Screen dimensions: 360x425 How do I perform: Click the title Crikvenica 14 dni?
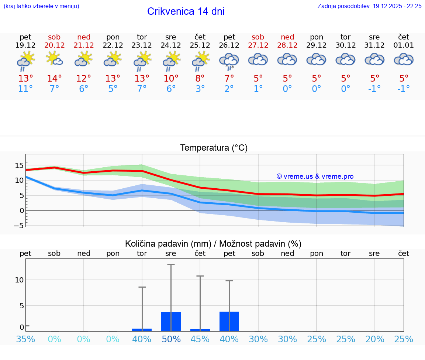click(x=186, y=11)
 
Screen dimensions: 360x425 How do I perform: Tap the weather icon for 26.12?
click(x=229, y=61)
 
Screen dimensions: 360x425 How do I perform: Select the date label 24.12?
click(x=171, y=45)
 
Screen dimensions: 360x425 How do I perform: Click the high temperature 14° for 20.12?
click(x=54, y=79)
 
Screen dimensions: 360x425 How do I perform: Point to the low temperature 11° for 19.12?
click(x=25, y=89)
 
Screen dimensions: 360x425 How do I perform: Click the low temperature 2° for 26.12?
click(x=229, y=89)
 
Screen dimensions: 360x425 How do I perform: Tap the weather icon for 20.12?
click(x=54, y=59)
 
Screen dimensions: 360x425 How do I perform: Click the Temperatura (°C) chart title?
click(x=214, y=148)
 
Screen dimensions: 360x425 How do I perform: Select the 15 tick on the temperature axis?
click(x=19, y=165)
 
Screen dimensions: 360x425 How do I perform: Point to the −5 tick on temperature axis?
click(x=18, y=225)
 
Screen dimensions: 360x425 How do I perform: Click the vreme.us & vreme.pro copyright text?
click(x=315, y=176)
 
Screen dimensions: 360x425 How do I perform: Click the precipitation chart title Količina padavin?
click(x=213, y=244)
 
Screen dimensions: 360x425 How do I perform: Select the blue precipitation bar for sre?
click(x=171, y=321)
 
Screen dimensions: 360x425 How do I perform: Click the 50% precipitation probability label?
click(x=171, y=339)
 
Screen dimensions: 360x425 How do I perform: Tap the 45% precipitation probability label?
click(x=200, y=339)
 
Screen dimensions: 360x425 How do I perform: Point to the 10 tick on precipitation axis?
click(x=19, y=280)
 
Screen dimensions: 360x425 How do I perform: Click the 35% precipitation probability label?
click(x=25, y=339)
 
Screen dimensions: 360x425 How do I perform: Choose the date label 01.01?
click(x=404, y=45)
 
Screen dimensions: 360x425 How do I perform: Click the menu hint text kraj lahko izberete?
click(x=41, y=6)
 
